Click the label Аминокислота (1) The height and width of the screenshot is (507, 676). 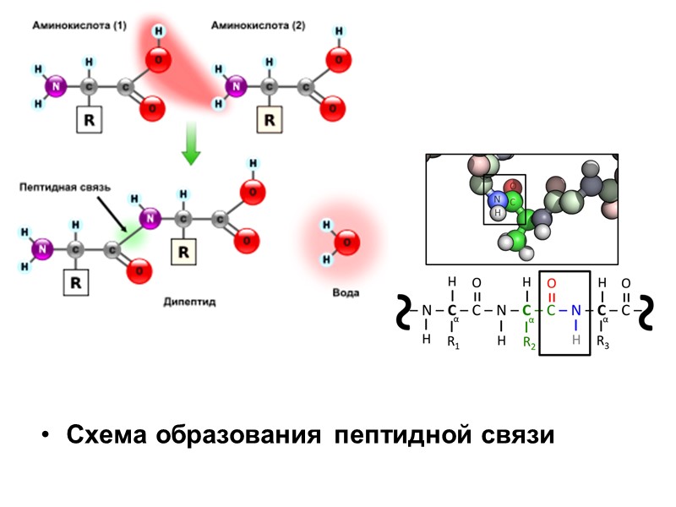coord(79,26)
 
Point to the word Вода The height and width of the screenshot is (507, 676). coord(345,293)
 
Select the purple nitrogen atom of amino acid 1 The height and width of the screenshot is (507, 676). coord(57,86)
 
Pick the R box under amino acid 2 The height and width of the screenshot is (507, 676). coord(269,120)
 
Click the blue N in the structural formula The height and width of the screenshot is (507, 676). coord(575,310)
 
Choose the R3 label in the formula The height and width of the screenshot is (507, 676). coord(602,342)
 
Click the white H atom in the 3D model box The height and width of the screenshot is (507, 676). coord(498,213)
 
